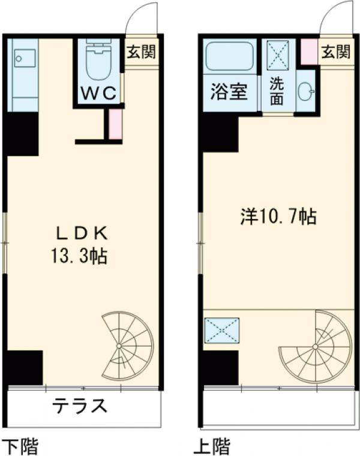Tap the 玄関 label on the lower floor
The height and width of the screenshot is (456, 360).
(141, 52)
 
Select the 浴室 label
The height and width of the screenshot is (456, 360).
(229, 93)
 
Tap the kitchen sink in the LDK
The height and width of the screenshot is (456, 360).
(25, 59)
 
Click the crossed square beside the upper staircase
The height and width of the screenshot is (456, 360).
(222, 331)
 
